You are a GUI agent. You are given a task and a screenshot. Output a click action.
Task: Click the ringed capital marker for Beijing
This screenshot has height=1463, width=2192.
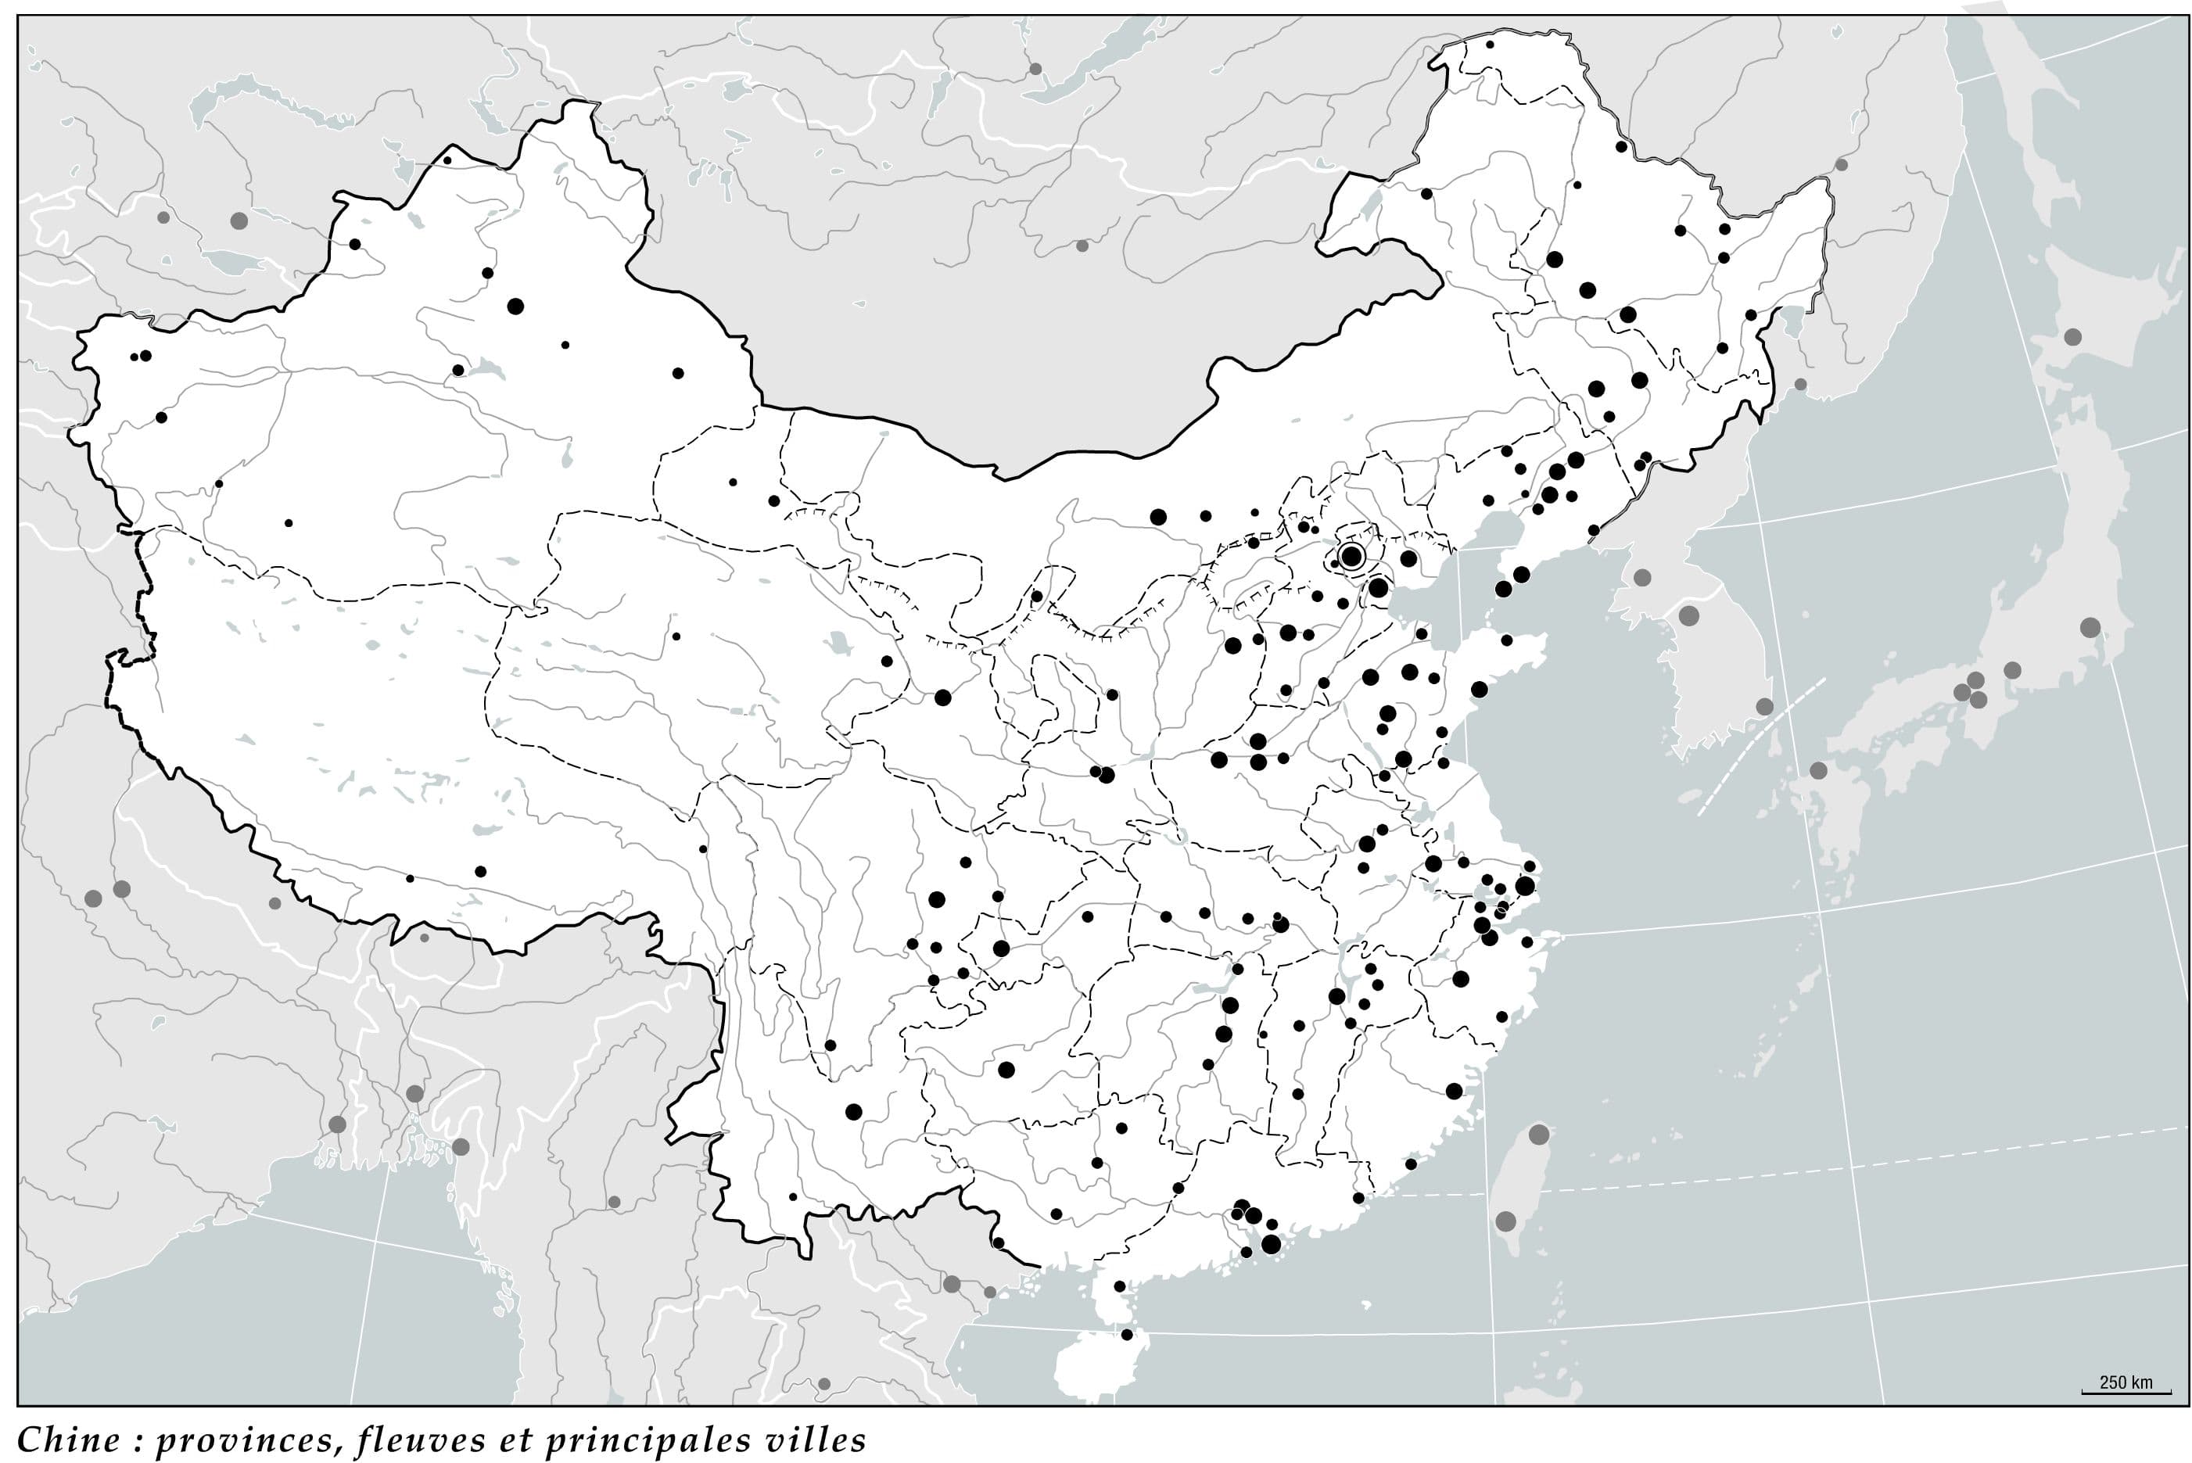[x=1351, y=557]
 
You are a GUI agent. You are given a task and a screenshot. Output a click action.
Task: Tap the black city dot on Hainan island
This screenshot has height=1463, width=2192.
[x=1126, y=1334]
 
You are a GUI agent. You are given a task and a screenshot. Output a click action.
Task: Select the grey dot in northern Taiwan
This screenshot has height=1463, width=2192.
[x=1539, y=1135]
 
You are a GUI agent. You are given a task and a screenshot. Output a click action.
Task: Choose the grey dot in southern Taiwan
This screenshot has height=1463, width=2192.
[x=1505, y=1221]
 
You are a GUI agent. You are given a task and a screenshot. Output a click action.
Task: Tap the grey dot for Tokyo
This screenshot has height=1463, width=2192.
[x=2090, y=627]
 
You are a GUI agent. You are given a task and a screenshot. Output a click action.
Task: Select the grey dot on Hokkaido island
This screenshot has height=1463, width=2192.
[x=2072, y=337]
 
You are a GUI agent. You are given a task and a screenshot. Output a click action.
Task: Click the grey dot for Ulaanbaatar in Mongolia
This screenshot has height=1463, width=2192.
[x=1082, y=246]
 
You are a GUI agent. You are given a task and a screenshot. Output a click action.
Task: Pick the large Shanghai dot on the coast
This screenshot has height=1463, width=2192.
[x=1525, y=885]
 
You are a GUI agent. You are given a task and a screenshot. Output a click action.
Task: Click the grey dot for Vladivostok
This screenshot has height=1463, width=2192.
[x=1800, y=385]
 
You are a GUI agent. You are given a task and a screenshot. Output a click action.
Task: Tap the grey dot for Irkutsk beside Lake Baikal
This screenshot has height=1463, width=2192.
[x=1035, y=68]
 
